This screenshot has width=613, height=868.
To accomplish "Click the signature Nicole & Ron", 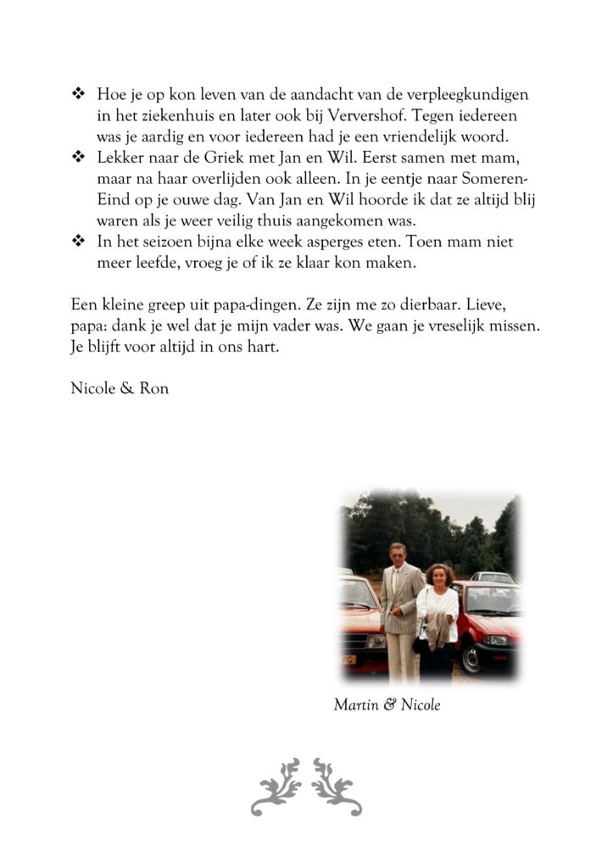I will click(x=120, y=389).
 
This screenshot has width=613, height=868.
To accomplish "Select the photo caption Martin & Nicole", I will click(x=387, y=704).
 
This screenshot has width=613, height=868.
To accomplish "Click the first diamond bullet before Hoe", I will click(x=78, y=94).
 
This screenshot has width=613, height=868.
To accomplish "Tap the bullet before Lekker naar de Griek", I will click(x=78, y=158).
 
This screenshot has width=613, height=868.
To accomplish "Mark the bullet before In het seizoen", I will click(x=78, y=242).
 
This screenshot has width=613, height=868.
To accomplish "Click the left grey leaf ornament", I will click(x=276, y=787).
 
